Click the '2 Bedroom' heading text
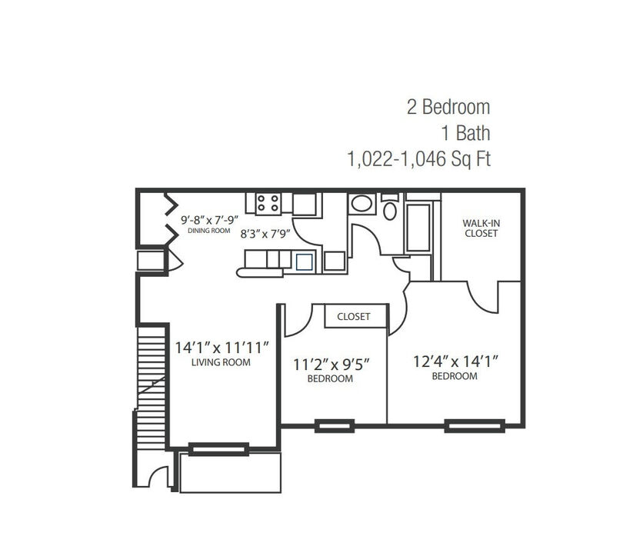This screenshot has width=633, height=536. (x=448, y=107)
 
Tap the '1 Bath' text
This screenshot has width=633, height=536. (x=466, y=133)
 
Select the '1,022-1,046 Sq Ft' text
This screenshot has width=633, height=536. (x=419, y=159)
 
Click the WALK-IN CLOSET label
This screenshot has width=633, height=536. (x=481, y=228)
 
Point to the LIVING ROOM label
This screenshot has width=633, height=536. (x=221, y=362)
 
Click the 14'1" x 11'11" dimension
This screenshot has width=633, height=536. (x=222, y=347)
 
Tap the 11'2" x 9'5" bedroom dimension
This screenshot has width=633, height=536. (x=331, y=365)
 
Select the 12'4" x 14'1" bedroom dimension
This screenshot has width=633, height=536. (x=456, y=361)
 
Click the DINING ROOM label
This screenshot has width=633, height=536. (x=209, y=231)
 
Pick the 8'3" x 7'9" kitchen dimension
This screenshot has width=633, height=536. (x=265, y=234)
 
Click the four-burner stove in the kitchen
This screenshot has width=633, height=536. (x=268, y=203)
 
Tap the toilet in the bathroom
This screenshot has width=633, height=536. (x=390, y=207)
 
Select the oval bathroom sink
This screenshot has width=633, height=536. (x=361, y=204)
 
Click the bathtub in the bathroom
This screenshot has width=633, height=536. (x=418, y=228)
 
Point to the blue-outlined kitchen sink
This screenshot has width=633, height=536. (x=304, y=262)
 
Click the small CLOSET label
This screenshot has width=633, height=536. (x=354, y=317)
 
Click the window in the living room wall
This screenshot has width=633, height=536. (x=218, y=449)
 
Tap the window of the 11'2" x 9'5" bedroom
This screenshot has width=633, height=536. (x=335, y=426)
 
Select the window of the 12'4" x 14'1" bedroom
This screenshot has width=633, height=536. (x=475, y=426)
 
